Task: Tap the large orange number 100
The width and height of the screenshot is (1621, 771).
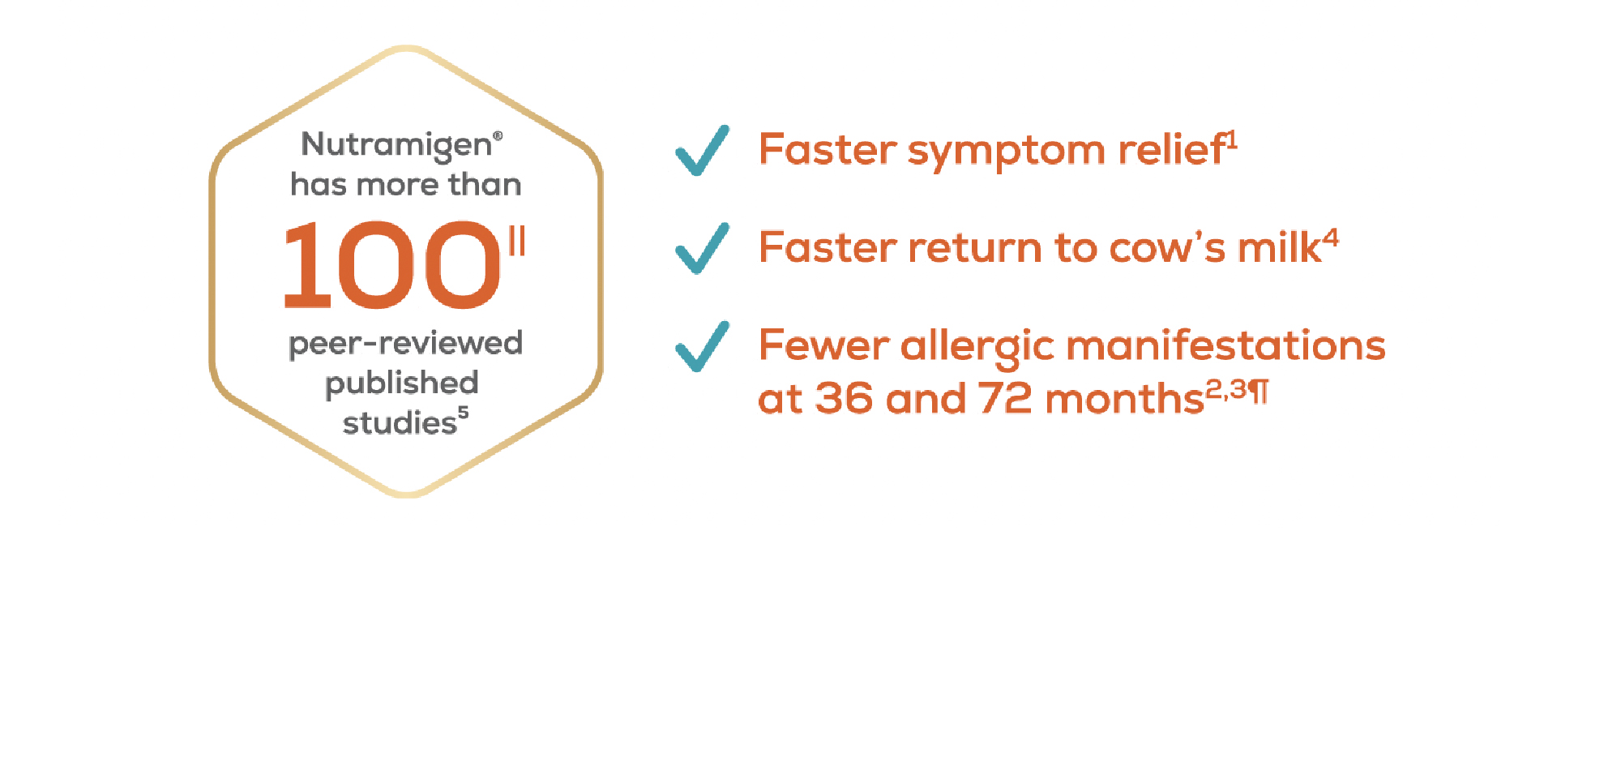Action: [392, 266]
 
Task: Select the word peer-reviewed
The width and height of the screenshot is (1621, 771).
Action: [405, 344]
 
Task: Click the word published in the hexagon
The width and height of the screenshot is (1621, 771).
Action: [402, 383]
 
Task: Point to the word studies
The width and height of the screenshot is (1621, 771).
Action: [400, 422]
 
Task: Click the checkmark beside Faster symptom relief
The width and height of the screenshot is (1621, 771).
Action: [703, 151]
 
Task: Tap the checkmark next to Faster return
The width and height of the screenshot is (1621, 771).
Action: [703, 248]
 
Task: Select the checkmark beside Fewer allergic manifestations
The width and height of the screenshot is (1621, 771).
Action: [703, 346]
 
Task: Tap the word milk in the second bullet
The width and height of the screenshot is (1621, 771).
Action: [1280, 247]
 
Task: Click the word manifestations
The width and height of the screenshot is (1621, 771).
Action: [1226, 345]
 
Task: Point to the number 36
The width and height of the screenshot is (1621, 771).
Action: [845, 399]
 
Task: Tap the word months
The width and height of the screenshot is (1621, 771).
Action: [1125, 399]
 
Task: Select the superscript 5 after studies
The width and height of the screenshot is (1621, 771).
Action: [463, 412]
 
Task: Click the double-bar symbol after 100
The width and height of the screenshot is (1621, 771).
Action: [517, 241]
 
